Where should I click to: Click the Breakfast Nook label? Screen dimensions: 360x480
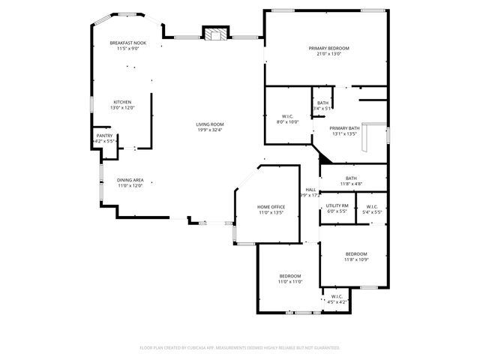point(127,43)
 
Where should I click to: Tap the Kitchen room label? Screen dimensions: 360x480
point(122,102)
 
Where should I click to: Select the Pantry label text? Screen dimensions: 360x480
point(104,136)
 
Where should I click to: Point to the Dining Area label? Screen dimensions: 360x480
point(130,180)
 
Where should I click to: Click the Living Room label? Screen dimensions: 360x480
point(210,124)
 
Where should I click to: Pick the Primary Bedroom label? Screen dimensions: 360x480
point(328,48)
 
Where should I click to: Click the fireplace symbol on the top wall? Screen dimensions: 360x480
point(215,34)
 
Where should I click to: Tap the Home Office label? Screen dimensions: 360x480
point(271,206)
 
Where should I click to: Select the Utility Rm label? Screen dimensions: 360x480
point(337,205)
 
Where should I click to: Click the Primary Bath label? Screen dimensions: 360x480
point(344,128)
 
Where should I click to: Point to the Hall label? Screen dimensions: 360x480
point(310,190)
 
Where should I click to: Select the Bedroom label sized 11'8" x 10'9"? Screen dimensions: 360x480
point(355,253)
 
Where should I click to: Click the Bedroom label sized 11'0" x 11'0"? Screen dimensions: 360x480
point(290,276)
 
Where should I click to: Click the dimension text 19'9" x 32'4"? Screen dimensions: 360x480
point(210,130)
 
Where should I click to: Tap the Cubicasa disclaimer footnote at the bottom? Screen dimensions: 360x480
point(240,348)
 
